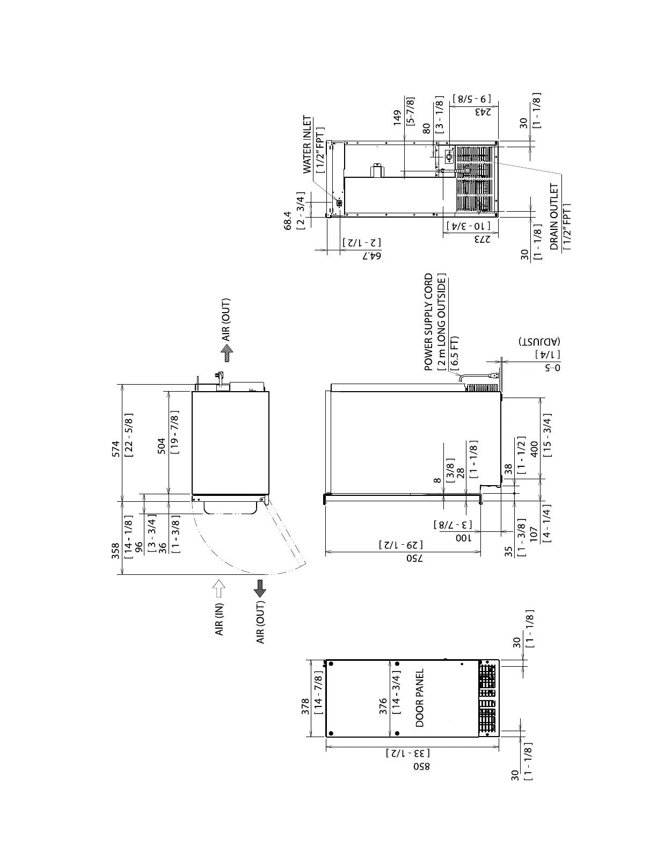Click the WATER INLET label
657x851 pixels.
pos(308,145)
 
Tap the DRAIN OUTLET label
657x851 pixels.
pos(554,217)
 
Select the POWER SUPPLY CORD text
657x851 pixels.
pos(429,322)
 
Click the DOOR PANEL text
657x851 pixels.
pos(420,698)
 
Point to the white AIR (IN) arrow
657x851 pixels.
pos(219,589)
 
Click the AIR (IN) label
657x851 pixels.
pos(219,619)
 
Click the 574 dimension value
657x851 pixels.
pos(116,449)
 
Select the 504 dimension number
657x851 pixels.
pos(161,446)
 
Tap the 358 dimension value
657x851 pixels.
pos(115,551)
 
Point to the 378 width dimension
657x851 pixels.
pos(305,706)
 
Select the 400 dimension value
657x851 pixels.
pos(534,449)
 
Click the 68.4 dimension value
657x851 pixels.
pos(288,220)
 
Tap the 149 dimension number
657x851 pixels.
pos(398,118)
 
